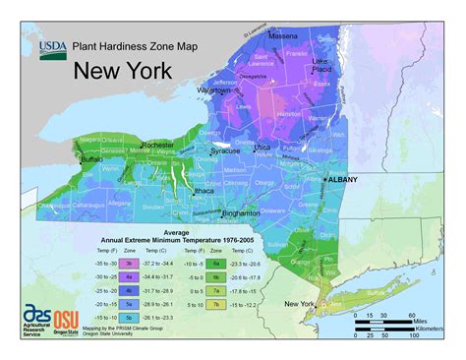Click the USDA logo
click(53, 48)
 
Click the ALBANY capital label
click(342, 179)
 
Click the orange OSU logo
click(66, 321)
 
